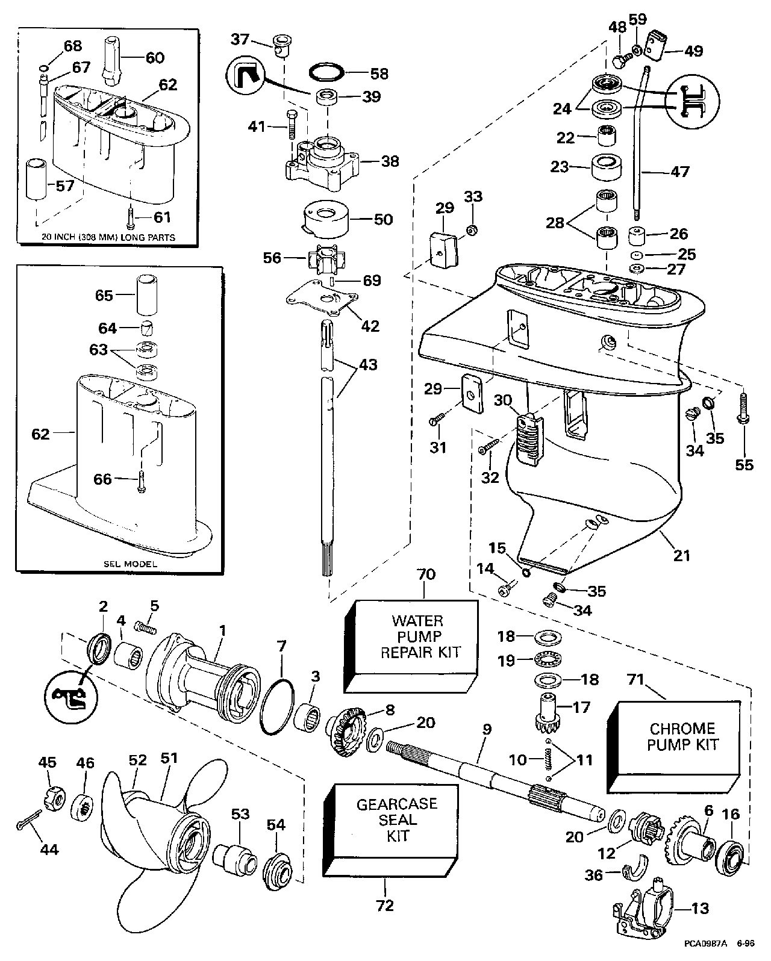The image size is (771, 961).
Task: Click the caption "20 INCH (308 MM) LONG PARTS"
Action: click(x=108, y=237)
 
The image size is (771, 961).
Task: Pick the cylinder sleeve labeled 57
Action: click(x=36, y=179)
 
